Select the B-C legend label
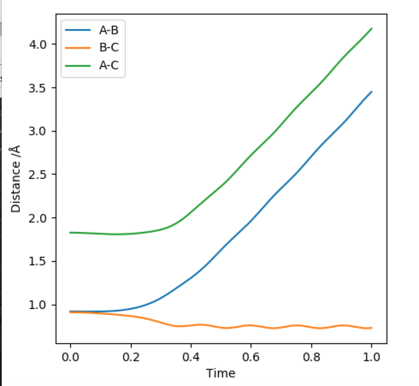(x=109, y=48)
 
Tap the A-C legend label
(x=109, y=66)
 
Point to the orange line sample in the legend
(x=78, y=48)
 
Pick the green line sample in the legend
(x=78, y=66)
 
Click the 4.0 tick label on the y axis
(x=39, y=44)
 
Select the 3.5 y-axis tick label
(x=39, y=87)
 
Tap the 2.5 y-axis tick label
(x=39, y=174)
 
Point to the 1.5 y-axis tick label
(x=39, y=261)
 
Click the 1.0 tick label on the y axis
(x=39, y=305)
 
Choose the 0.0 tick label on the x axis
(x=70, y=358)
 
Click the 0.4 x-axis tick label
(x=191, y=358)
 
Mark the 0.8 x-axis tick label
(x=311, y=358)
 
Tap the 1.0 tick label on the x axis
(x=372, y=358)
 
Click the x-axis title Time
(x=221, y=373)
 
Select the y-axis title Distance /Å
(x=16, y=178)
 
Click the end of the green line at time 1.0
(x=372, y=28)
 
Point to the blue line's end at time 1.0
(x=372, y=92)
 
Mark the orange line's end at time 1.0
(x=372, y=328)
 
